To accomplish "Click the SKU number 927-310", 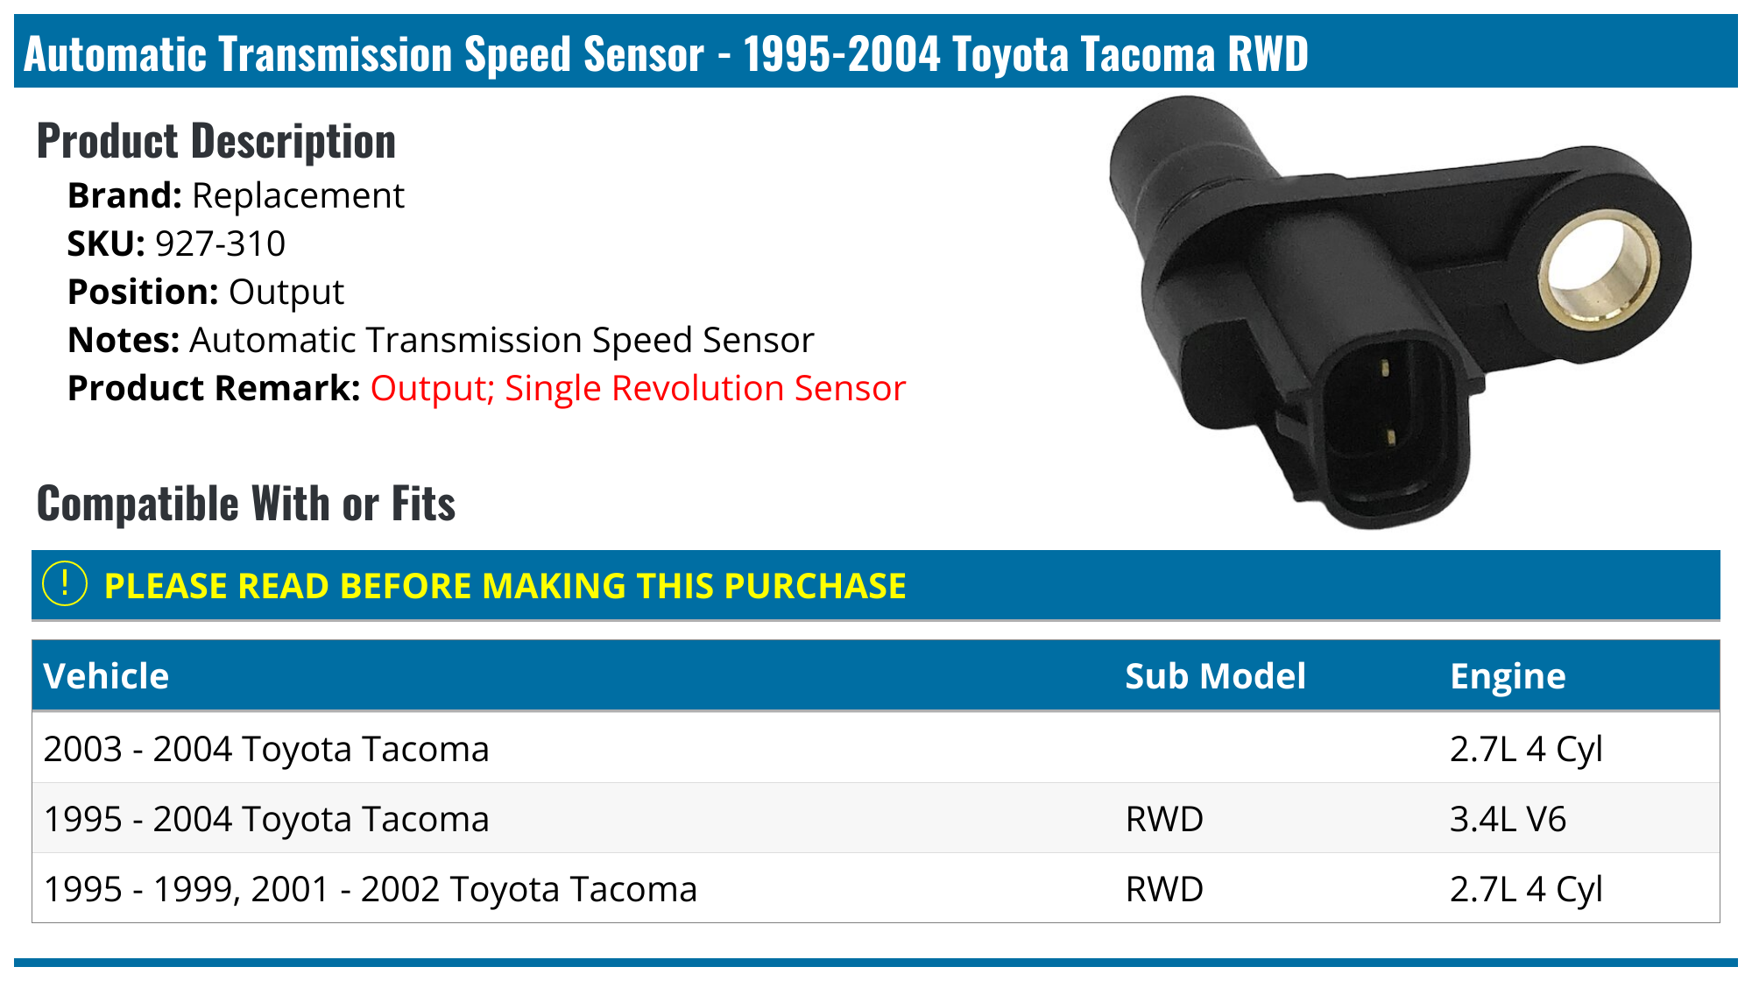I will coord(220,244).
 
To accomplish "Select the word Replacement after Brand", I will coord(298,196).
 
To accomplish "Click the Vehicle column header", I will coord(106,676).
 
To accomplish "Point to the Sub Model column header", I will coord(1215,676).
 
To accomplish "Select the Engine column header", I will coord(1508,676).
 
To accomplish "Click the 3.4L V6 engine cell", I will coord(1508,820).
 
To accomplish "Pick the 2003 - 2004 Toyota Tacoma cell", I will coord(266,750).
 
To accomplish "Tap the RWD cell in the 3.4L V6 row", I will coord(1164,820).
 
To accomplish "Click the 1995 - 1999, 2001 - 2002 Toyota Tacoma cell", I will coord(370,890).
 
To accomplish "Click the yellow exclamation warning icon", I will coord(65,584).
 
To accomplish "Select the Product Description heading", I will coord(216,141).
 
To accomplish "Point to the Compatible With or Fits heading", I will coord(246,504).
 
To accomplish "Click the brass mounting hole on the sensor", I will coord(1600,272).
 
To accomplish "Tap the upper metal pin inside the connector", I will coord(1385,368).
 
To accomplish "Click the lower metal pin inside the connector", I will coord(1388,435).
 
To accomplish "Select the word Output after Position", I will coord(286,293).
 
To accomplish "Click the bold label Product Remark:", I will coord(214,389).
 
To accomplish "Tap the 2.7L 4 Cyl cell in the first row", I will coord(1526,750).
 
